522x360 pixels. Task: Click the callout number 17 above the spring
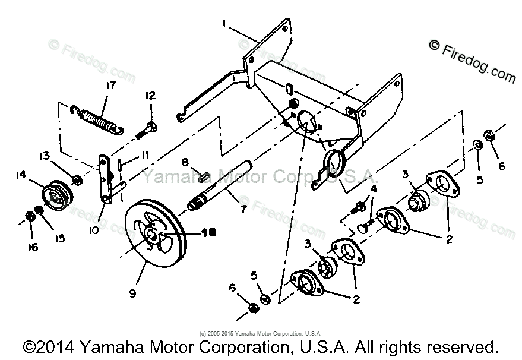[x=110, y=85]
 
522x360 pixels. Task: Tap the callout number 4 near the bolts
[x=373, y=189]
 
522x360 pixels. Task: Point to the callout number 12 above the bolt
[x=150, y=96]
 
